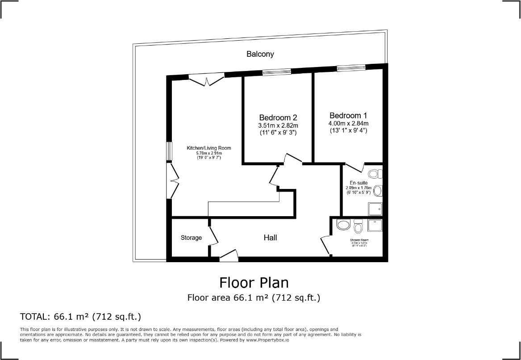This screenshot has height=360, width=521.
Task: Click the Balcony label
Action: click(260, 54)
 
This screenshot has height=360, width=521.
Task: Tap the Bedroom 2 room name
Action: click(278, 118)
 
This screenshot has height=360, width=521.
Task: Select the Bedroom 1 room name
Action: click(348, 115)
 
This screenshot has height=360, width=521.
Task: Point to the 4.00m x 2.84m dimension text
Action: click(348, 123)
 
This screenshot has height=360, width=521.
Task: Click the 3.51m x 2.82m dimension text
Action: click(278, 126)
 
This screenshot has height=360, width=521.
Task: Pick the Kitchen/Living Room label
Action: click(208, 148)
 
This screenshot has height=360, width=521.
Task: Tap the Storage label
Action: click(191, 238)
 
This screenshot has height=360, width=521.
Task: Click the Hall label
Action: click(270, 238)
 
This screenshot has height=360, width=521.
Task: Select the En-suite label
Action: click(358, 183)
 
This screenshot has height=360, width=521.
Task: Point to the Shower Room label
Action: click(359, 240)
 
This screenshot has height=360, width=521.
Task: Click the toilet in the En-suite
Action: click(375, 173)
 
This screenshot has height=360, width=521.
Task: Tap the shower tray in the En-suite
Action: click(375, 209)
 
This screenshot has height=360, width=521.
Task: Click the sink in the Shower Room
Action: click(343, 225)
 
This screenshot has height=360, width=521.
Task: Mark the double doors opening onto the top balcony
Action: click(206, 80)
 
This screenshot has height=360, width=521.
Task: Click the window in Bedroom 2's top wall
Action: click(276, 72)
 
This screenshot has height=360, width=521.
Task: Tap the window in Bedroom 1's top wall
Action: click(351, 68)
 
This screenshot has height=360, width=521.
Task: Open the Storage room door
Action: click(213, 235)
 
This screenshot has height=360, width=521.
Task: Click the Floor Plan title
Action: click(254, 283)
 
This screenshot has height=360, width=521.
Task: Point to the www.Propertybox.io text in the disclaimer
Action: click(267, 340)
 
